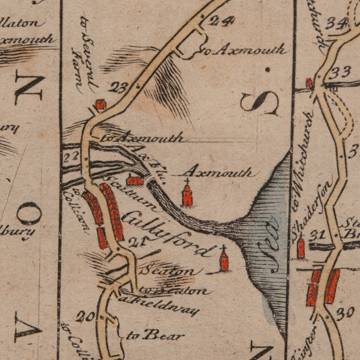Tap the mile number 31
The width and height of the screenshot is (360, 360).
tap(318, 234)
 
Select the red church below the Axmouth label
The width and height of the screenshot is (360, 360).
tap(187, 195)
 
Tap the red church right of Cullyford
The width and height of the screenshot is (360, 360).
tap(224, 260)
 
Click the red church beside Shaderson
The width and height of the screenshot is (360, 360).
tap(301, 247)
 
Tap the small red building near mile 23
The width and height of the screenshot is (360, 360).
tap(100, 105)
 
